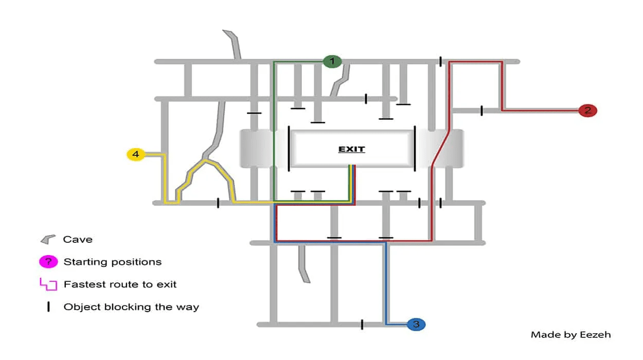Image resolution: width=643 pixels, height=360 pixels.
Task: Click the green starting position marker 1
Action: (x=332, y=62)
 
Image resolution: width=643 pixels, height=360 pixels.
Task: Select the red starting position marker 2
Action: (x=587, y=110)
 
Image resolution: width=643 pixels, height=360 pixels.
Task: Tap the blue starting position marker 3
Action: (x=416, y=324)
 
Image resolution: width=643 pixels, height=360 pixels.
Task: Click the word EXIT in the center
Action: (x=351, y=149)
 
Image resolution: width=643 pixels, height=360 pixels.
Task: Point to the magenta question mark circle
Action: (x=48, y=262)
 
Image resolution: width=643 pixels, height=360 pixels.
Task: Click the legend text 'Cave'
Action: (x=78, y=239)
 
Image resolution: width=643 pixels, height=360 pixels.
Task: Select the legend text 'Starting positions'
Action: (x=112, y=262)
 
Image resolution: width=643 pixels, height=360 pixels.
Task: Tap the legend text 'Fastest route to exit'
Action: (x=120, y=284)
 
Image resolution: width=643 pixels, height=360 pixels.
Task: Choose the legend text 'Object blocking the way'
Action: (x=131, y=307)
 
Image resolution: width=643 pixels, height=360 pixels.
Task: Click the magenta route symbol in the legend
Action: (x=48, y=284)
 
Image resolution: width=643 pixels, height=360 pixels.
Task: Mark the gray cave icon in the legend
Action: (x=48, y=239)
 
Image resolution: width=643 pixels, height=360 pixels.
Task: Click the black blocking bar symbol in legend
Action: (x=48, y=307)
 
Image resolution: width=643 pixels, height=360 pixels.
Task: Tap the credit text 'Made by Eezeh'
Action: (x=570, y=335)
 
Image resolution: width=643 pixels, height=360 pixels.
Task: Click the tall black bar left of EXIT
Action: (x=289, y=148)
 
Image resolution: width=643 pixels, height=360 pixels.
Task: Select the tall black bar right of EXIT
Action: (x=415, y=149)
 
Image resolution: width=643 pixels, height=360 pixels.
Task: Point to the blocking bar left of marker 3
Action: (x=362, y=324)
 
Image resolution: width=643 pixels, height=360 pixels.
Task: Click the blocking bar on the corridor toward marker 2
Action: (x=481, y=110)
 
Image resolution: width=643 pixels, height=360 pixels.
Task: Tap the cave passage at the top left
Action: (x=234, y=44)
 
